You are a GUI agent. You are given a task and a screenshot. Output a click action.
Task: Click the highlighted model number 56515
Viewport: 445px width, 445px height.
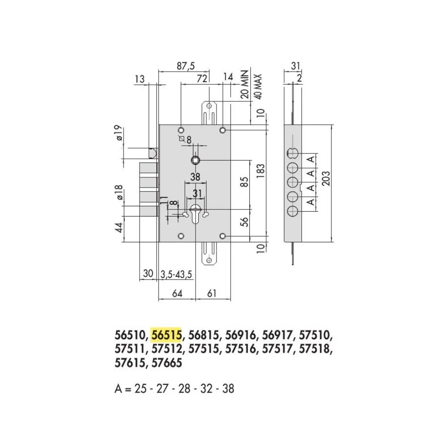[166, 335]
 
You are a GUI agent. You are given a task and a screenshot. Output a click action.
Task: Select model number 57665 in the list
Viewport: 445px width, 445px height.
[167, 363]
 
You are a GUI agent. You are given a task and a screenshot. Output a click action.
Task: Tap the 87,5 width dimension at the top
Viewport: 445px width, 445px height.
[186, 66]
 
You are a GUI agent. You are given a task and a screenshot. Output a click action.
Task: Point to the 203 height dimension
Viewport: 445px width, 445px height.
[326, 178]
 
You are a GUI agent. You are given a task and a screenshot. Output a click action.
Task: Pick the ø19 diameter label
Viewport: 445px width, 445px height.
[119, 133]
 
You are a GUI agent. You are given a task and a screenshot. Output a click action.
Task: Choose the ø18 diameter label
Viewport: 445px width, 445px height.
[119, 192]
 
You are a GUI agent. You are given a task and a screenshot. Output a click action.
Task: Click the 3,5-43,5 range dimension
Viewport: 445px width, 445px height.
[176, 274]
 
